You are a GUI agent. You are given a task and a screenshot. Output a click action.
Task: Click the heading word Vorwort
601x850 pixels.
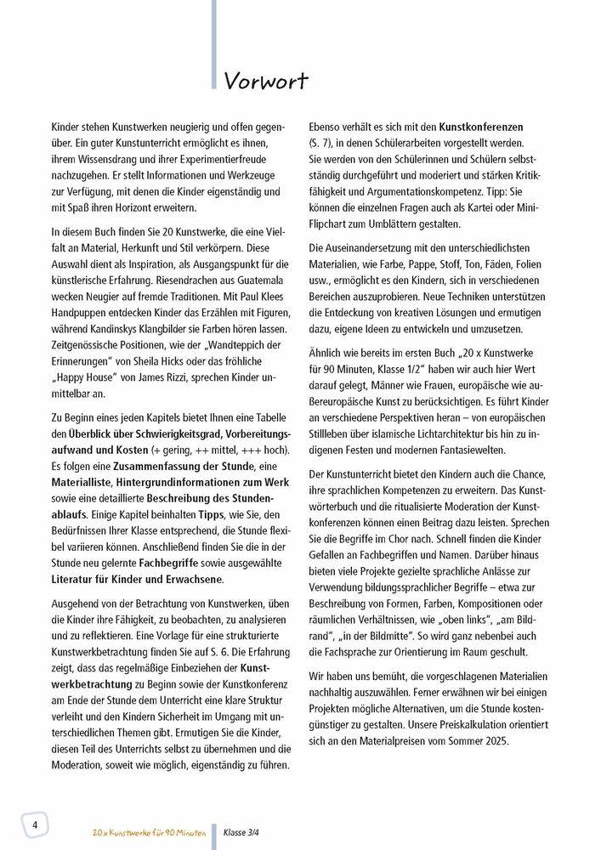point(266,81)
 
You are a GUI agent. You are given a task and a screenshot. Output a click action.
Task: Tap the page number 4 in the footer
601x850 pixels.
point(35,825)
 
